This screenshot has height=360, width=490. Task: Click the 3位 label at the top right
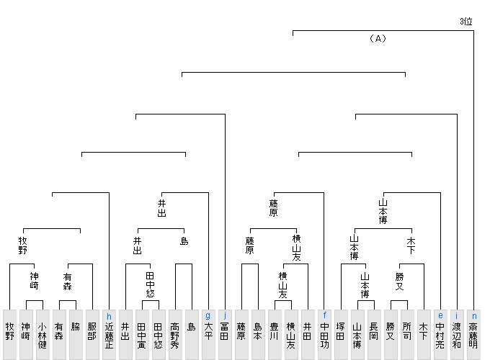point(466,22)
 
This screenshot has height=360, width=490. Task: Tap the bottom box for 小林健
point(43,335)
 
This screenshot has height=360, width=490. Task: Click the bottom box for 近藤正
point(109,335)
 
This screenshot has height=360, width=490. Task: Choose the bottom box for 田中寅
point(142,335)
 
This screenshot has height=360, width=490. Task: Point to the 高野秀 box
point(175,335)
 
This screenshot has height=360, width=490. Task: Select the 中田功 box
point(324,335)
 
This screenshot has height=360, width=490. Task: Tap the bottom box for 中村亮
point(440,335)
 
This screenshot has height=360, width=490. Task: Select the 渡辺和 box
point(457,335)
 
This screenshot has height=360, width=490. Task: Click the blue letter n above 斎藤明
point(473,315)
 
